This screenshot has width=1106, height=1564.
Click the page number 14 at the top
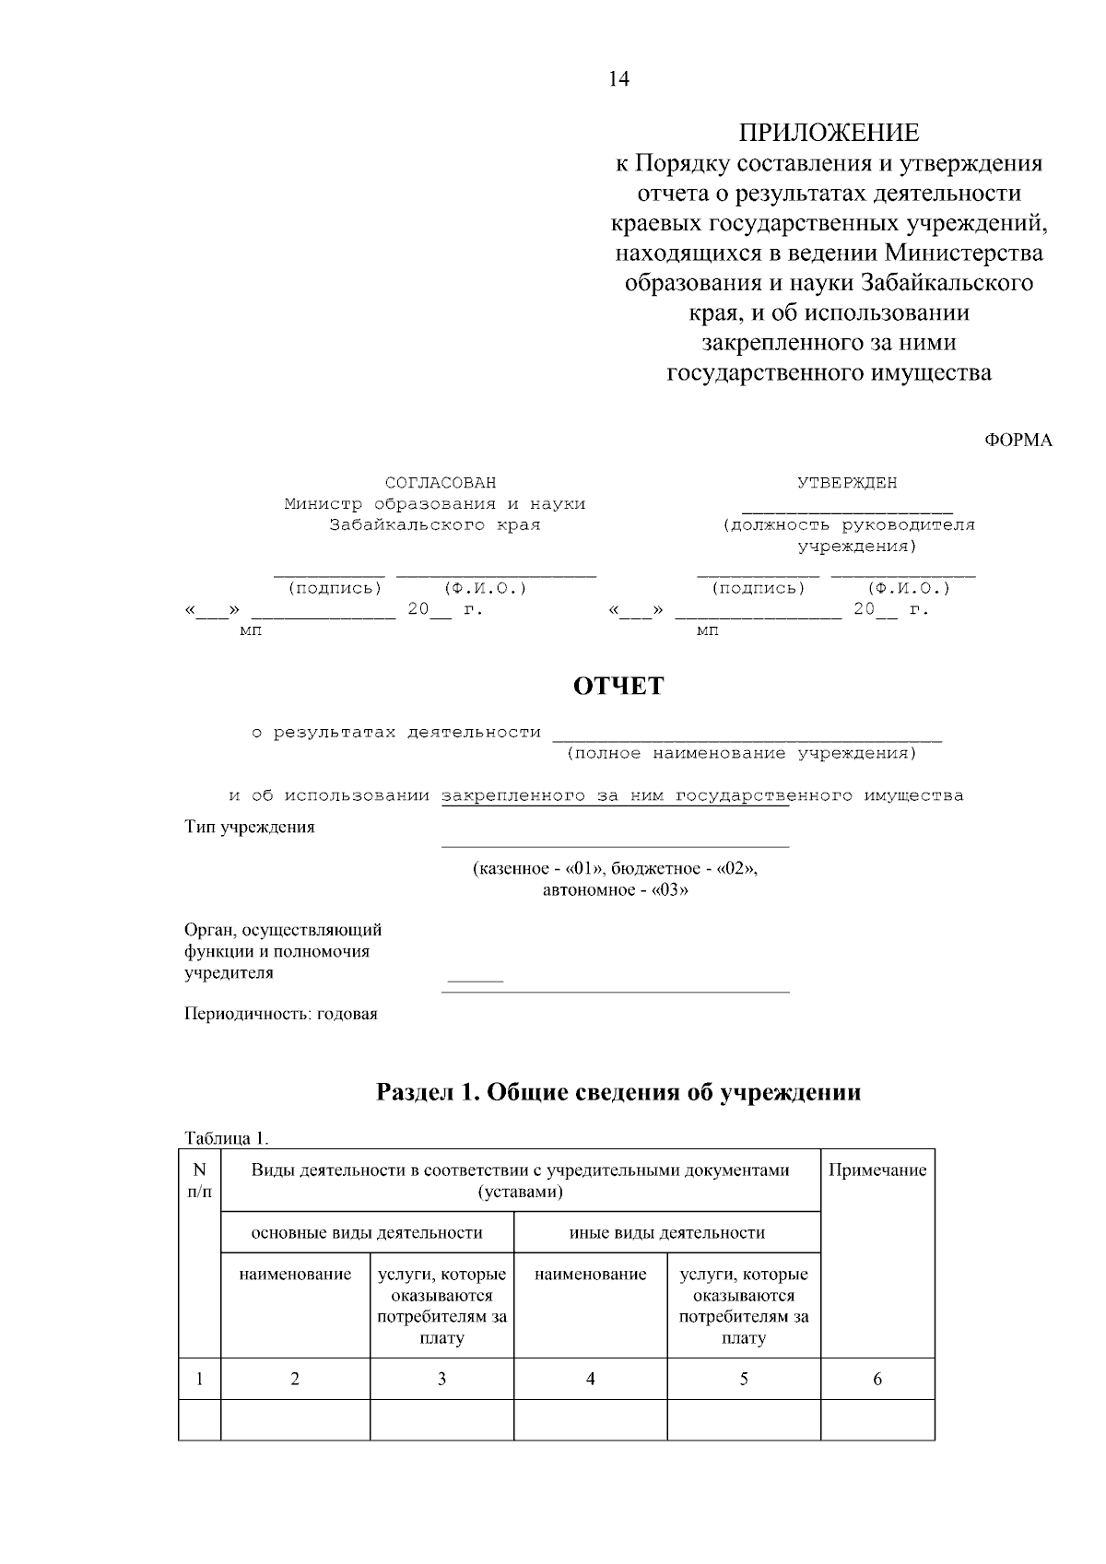[x=618, y=79]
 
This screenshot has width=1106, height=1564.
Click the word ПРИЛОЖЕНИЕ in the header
[x=829, y=133]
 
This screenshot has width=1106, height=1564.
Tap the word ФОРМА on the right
[x=1018, y=440]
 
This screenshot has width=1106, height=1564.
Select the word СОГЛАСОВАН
[x=440, y=483]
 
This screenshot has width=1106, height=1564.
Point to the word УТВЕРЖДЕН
[x=846, y=483]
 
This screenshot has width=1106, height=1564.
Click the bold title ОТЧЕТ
[x=618, y=687]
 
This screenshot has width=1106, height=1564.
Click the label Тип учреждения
[x=250, y=827]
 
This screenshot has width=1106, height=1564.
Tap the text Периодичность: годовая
[x=281, y=1014]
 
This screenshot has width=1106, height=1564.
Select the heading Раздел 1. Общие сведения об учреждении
[x=618, y=1092]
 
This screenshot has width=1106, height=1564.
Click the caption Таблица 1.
[x=227, y=1138]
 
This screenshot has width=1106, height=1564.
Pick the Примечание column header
[x=877, y=1170]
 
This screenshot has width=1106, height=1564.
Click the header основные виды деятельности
[x=367, y=1232]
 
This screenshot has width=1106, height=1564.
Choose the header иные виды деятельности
[x=667, y=1232]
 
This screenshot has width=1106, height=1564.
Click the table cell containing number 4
[x=591, y=1379]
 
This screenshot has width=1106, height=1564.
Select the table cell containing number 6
[x=877, y=1379]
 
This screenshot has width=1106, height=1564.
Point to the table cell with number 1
[x=199, y=1379]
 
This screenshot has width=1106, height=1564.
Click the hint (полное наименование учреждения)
[x=742, y=754]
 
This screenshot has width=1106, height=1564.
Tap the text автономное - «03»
[x=616, y=889]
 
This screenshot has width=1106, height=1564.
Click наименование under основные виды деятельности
[x=295, y=1275]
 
